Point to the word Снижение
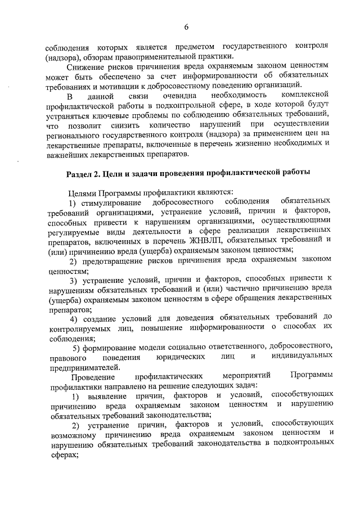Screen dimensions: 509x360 87,66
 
